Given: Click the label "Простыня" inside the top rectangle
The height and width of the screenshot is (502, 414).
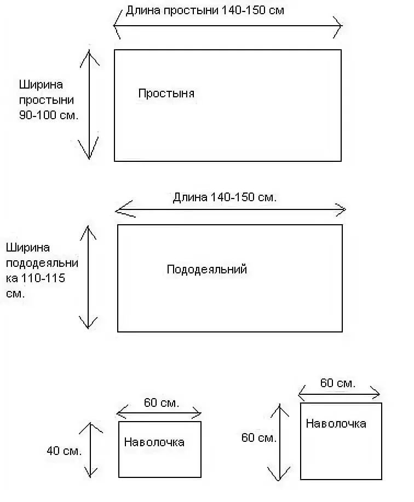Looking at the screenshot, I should coord(166,94).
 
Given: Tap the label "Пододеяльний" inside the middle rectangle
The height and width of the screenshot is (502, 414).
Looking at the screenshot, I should coord(206,270).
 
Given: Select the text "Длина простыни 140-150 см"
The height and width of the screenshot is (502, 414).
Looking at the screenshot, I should coord(205,10).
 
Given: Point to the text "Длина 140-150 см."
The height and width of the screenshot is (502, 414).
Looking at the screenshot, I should coord(225,197).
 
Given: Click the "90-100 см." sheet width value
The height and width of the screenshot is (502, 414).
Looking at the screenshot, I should coord(49,116).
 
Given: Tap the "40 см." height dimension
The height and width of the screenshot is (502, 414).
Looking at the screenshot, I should coord(64,451).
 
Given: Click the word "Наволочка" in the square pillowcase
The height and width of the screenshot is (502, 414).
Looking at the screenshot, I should coord(336,423).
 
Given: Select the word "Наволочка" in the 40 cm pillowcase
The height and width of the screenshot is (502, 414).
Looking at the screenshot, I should coord(154,442).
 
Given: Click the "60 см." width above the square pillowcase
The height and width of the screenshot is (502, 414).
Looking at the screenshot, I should coord(338,383).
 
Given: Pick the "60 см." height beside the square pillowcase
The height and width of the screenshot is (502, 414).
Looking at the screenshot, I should coord(259,437).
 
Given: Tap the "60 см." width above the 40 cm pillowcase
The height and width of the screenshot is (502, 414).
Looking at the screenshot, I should coord(161,404).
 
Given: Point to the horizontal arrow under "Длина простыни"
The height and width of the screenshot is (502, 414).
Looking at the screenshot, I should coord(227,26).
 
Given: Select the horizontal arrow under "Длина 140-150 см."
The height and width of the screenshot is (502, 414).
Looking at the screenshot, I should coord(231,209).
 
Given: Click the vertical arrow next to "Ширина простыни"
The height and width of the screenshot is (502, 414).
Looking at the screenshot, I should coord(89,104).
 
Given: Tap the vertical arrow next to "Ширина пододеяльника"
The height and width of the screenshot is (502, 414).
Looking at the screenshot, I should coord(88,277).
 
